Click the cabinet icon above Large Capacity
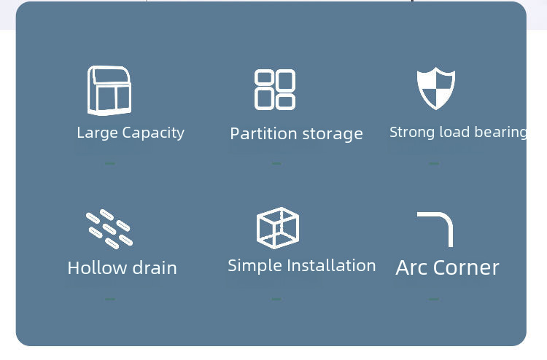point(109,90)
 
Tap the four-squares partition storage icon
point(275,90)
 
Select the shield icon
point(436,89)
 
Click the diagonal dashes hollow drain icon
point(109,227)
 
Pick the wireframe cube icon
point(278,227)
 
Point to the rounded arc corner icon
point(435,229)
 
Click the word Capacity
point(153,133)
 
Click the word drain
point(154,267)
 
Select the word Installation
point(330,265)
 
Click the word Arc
point(412,267)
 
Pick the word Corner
point(468,267)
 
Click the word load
point(456,132)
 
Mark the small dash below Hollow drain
point(110,299)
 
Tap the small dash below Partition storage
point(276,163)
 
